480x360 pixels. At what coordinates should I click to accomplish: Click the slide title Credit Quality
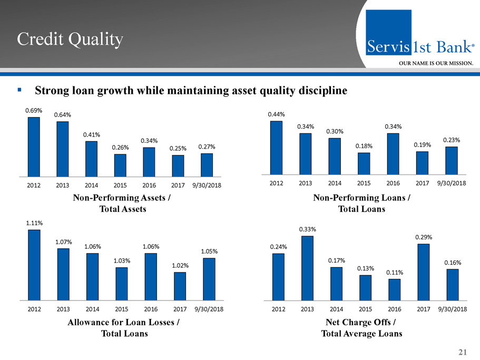click(x=70, y=38)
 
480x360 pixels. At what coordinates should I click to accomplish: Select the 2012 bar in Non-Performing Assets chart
click(x=34, y=147)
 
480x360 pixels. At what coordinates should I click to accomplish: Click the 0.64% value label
click(x=63, y=115)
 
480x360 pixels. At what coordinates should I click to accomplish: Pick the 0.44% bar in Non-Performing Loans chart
click(x=276, y=147)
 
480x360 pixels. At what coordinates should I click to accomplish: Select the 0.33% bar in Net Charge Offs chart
click(x=307, y=268)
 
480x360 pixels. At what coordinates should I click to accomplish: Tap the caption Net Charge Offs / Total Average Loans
click(x=361, y=328)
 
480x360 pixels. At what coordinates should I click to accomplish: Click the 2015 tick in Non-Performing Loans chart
click(x=364, y=183)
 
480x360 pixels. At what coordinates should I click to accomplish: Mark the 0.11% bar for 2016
click(x=394, y=289)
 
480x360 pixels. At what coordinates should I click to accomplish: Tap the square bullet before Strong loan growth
click(x=19, y=90)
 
